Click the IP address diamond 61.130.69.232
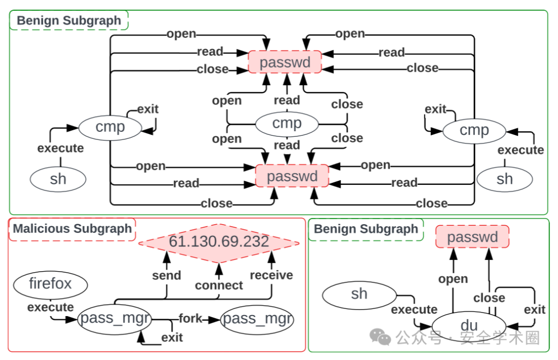coord(219,242)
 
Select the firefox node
coord(50,284)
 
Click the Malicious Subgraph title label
coord(72,229)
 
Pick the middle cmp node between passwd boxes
coord(287,123)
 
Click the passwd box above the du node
coord(472,237)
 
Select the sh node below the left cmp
coord(58,179)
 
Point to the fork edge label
coord(191,318)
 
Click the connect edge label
coord(219,285)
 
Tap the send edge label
coord(166,275)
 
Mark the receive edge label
coord(271,275)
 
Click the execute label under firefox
coord(50,307)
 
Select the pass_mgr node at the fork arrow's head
coord(257,319)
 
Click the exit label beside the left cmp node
coord(148,109)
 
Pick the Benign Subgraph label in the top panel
coord(69,21)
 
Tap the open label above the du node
coord(453,279)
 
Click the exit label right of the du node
coord(534,309)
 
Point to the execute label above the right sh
coord(520,150)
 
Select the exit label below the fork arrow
coord(172,337)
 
